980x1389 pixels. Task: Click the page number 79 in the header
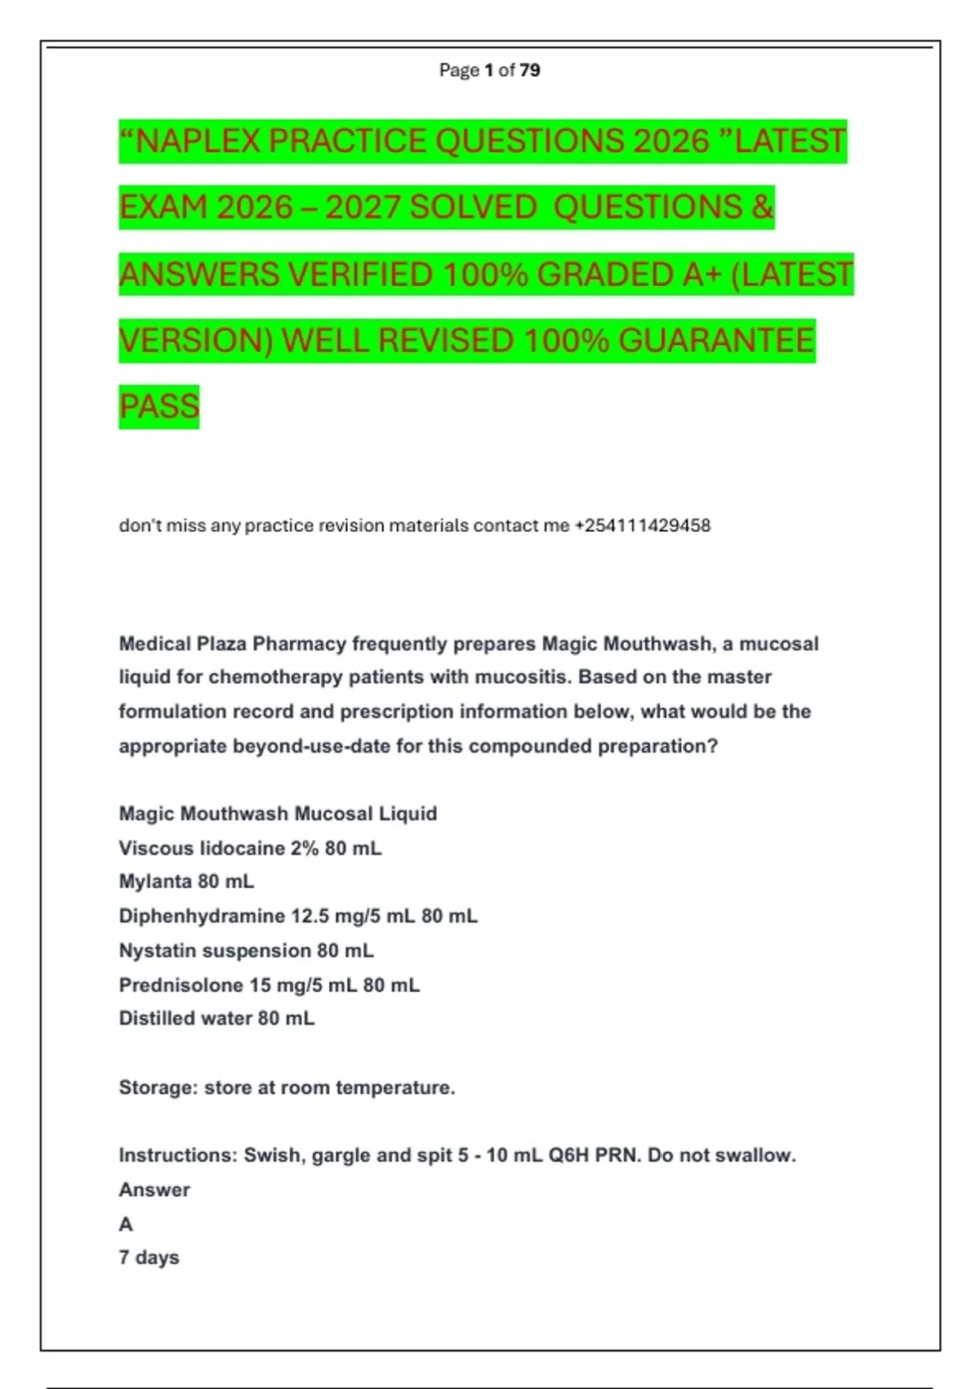529,70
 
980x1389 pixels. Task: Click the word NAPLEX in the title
197,141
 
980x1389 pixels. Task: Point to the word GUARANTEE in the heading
716,341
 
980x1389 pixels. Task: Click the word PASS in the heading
159,407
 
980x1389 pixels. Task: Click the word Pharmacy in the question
300,644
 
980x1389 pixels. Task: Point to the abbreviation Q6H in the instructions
568,1155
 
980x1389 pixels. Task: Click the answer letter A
126,1224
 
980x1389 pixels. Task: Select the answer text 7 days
149,1257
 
